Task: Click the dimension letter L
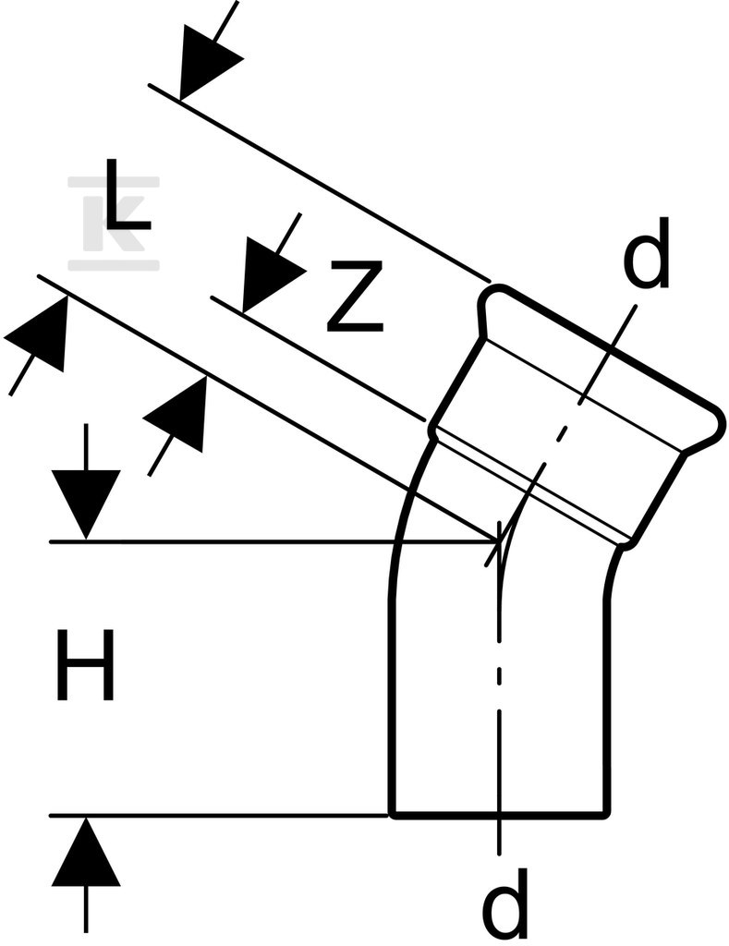click(127, 194)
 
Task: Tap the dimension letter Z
click(355, 297)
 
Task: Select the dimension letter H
click(85, 665)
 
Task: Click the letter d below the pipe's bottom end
click(506, 905)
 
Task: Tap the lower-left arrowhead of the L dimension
click(39, 332)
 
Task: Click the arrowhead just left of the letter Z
click(272, 274)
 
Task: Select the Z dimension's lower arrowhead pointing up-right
click(178, 413)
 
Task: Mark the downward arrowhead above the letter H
click(86, 503)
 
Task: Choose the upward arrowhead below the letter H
click(86, 852)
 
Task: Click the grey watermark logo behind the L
click(114, 223)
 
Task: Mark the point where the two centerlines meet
click(500, 539)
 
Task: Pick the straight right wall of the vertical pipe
click(606, 706)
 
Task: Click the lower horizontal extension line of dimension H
click(218, 816)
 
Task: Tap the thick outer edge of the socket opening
click(610, 348)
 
